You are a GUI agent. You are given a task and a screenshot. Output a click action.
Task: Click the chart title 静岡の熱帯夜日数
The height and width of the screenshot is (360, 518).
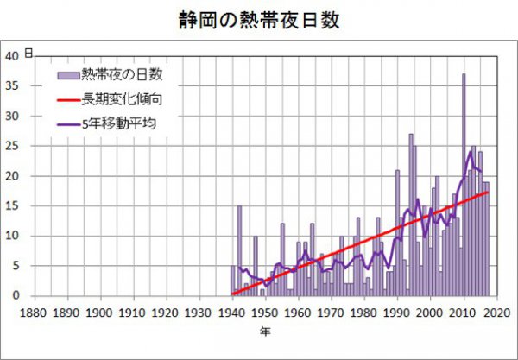coord(258,19)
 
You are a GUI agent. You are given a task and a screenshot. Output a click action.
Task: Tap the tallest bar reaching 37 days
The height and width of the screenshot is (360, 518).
coord(464,173)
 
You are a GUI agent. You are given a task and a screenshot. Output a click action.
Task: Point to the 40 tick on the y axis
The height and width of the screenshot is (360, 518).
coord(12,56)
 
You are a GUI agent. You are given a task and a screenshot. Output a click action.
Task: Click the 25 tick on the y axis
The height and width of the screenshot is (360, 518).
coord(12,146)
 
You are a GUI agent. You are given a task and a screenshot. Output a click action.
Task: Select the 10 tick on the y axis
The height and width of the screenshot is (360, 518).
coord(12,236)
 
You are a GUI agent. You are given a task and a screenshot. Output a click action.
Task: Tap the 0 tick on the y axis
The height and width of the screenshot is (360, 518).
coord(16,296)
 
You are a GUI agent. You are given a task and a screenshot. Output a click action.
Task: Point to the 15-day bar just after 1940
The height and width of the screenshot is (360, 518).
coord(239,250)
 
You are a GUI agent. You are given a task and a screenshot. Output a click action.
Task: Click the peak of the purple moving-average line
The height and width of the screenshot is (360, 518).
coord(471,152)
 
